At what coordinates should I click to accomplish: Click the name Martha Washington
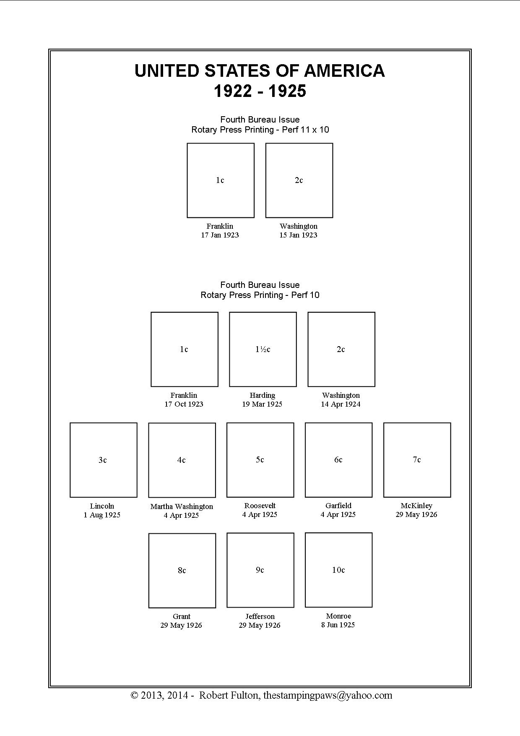coord(182,506)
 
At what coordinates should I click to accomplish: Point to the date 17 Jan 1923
coord(220,235)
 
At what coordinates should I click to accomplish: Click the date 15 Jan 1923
coord(299,235)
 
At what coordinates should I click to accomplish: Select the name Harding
coord(263,395)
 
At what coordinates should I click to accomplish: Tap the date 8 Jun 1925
coord(338,625)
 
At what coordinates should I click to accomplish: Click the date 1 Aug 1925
coord(102,515)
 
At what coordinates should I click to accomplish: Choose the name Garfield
coord(338,506)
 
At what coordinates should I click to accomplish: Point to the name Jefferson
coord(260,616)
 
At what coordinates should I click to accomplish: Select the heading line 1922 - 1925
coord(260,91)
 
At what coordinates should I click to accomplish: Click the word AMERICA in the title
coord(344,70)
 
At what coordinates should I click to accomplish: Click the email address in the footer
coord(328,696)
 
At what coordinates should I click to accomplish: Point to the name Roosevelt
coord(260,506)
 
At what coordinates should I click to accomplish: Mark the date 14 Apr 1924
coord(341,404)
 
